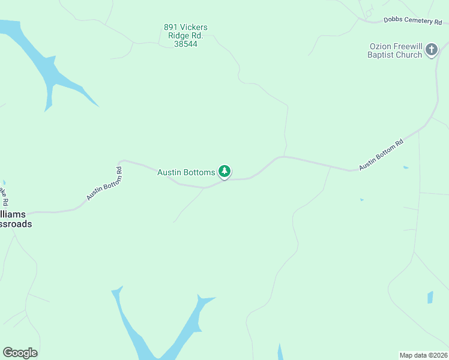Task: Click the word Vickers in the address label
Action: (193, 27)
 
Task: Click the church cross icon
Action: (431, 51)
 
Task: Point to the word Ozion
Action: (381, 47)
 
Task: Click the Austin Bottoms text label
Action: (186, 172)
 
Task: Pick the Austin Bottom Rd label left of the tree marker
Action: (104, 183)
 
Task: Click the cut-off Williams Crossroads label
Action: (16, 219)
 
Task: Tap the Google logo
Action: (20, 353)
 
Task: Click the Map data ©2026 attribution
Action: (423, 355)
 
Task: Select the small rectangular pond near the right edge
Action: (430, 297)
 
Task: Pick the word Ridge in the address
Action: (179, 35)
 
